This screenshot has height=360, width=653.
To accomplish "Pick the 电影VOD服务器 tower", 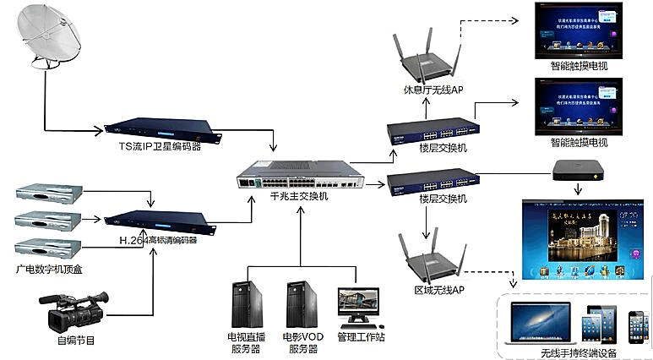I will point(301,304).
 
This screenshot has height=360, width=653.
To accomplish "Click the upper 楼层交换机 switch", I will point(431,131).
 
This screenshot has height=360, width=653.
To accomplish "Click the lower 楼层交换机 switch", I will point(431,180).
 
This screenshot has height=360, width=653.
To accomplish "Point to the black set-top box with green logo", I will point(580,171).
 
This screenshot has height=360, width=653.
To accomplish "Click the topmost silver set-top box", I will point(49,194).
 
